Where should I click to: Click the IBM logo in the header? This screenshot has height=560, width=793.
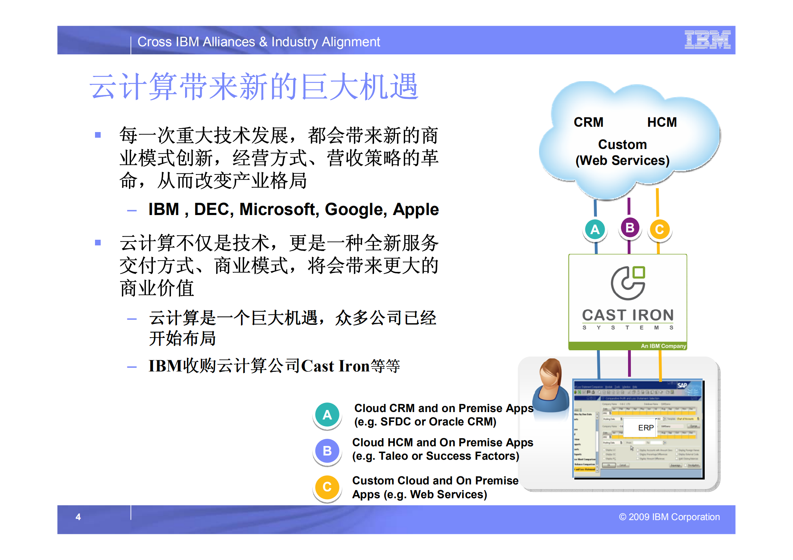[707, 40]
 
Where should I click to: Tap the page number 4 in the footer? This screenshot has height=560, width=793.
[78, 517]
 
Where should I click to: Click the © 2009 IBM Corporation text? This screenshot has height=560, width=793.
[669, 517]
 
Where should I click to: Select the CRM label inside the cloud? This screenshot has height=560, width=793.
[588, 122]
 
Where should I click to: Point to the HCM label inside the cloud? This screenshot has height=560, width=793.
[662, 122]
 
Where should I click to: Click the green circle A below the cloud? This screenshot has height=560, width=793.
[595, 230]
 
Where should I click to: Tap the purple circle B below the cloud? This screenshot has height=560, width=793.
[629, 228]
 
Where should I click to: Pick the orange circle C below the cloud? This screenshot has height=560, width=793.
[659, 230]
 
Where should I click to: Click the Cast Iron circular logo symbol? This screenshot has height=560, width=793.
[628, 283]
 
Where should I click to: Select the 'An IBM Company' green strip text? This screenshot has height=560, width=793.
[663, 346]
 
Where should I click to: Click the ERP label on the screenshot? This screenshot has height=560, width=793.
[646, 428]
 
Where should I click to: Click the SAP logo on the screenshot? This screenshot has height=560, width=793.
[682, 385]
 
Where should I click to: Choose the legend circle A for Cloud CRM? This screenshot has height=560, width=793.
[327, 415]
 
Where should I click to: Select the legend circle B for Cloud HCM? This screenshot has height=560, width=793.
[327, 451]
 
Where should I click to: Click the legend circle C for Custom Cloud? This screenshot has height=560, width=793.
[327, 487]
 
